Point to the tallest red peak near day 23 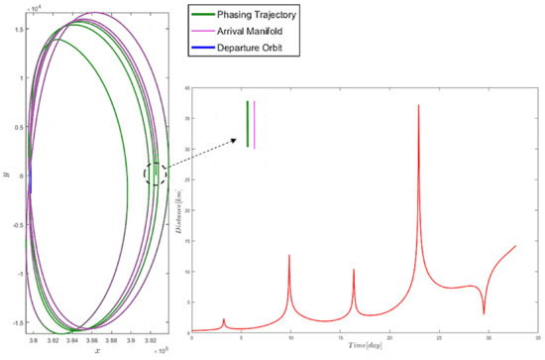coord(418,105)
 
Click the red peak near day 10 coord(289,256)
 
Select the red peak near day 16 coord(354,270)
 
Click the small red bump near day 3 coord(224,319)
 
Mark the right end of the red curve coord(516,246)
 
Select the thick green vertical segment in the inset coord(248,124)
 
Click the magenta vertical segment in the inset coord(255,124)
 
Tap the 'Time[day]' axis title coord(361,349)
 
